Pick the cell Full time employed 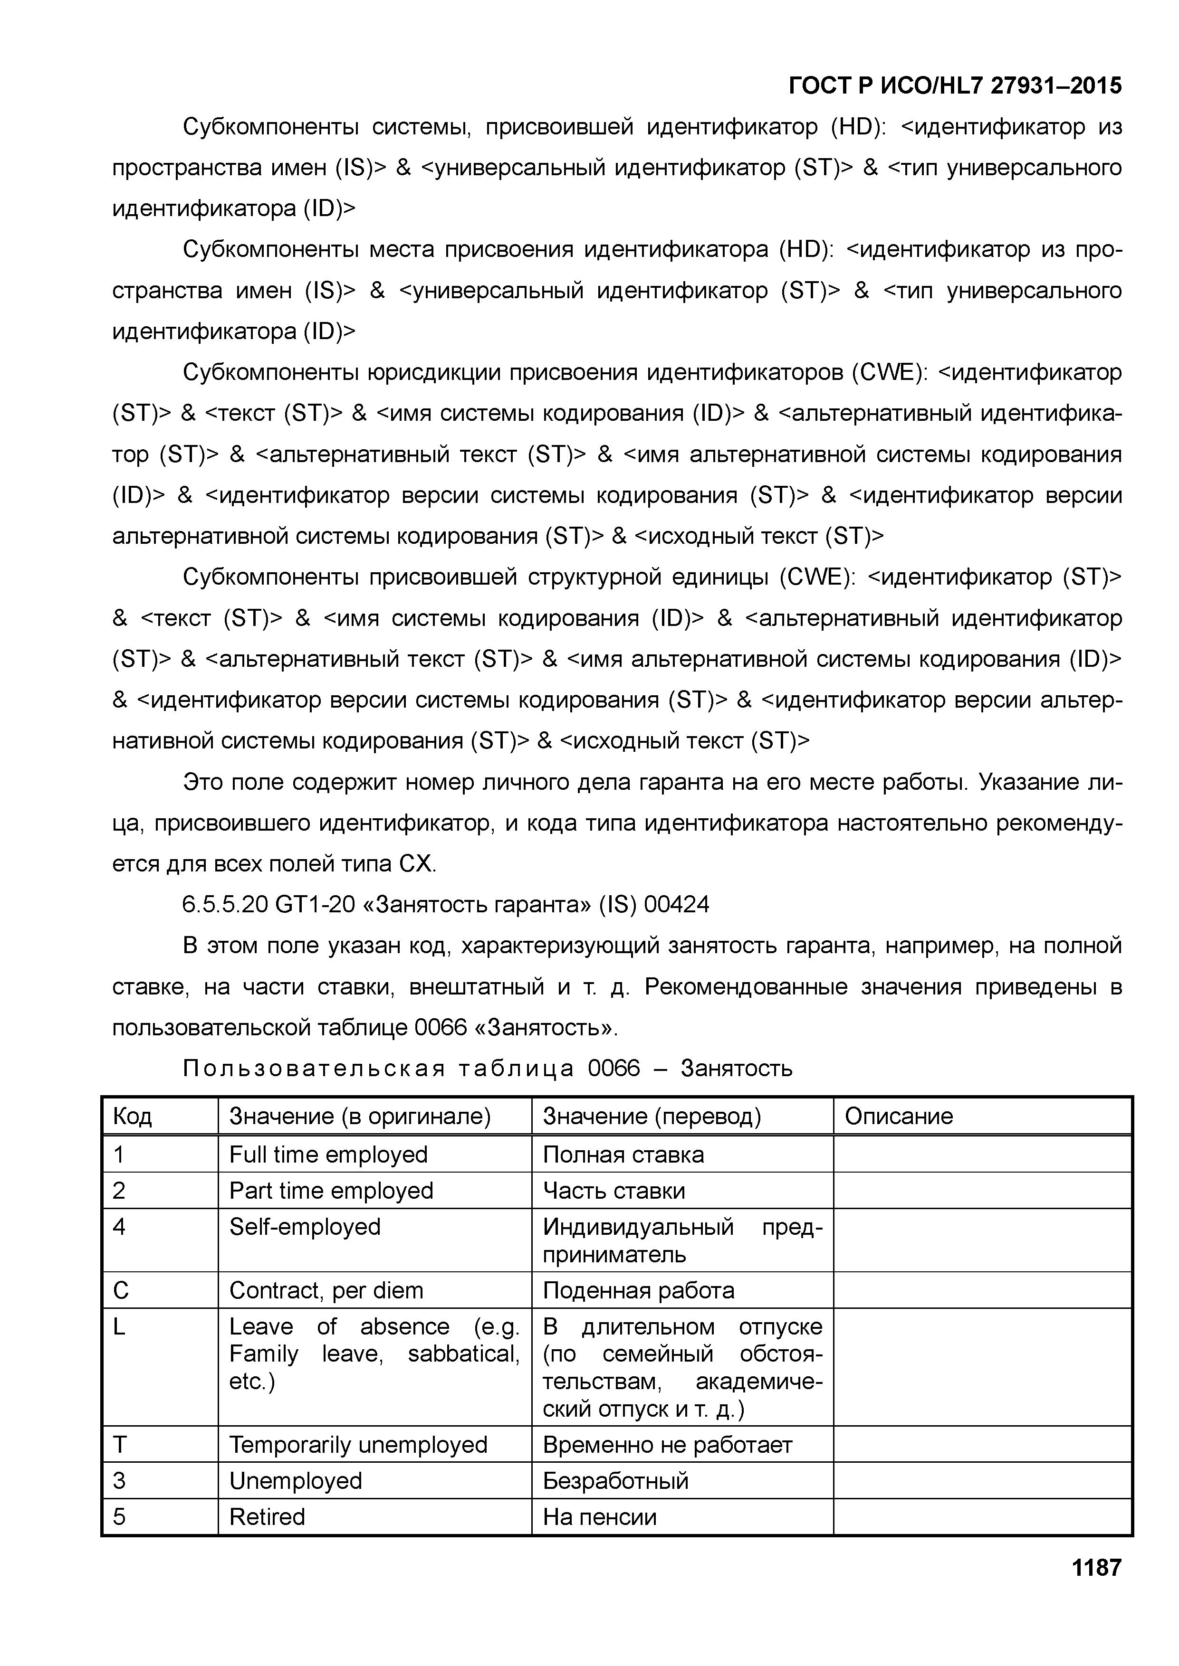pos(328,1155)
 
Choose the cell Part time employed pos(331,1191)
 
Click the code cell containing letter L pos(119,1327)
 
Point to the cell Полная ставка pos(623,1155)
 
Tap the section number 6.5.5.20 pos(225,905)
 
